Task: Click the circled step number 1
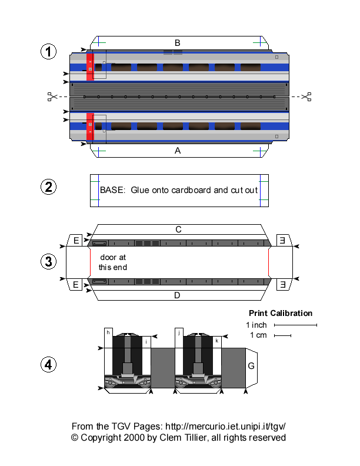48,52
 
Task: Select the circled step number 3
48,261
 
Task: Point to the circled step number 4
48,365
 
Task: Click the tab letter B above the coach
177,42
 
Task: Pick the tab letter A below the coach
177,151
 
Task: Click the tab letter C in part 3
177,229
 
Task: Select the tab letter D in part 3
177,295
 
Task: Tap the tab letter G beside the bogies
251,366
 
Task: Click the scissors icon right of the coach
306,96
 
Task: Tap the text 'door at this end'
112,262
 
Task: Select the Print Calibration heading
281,313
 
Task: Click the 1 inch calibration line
295,325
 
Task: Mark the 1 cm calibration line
282,336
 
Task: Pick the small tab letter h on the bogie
109,332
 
